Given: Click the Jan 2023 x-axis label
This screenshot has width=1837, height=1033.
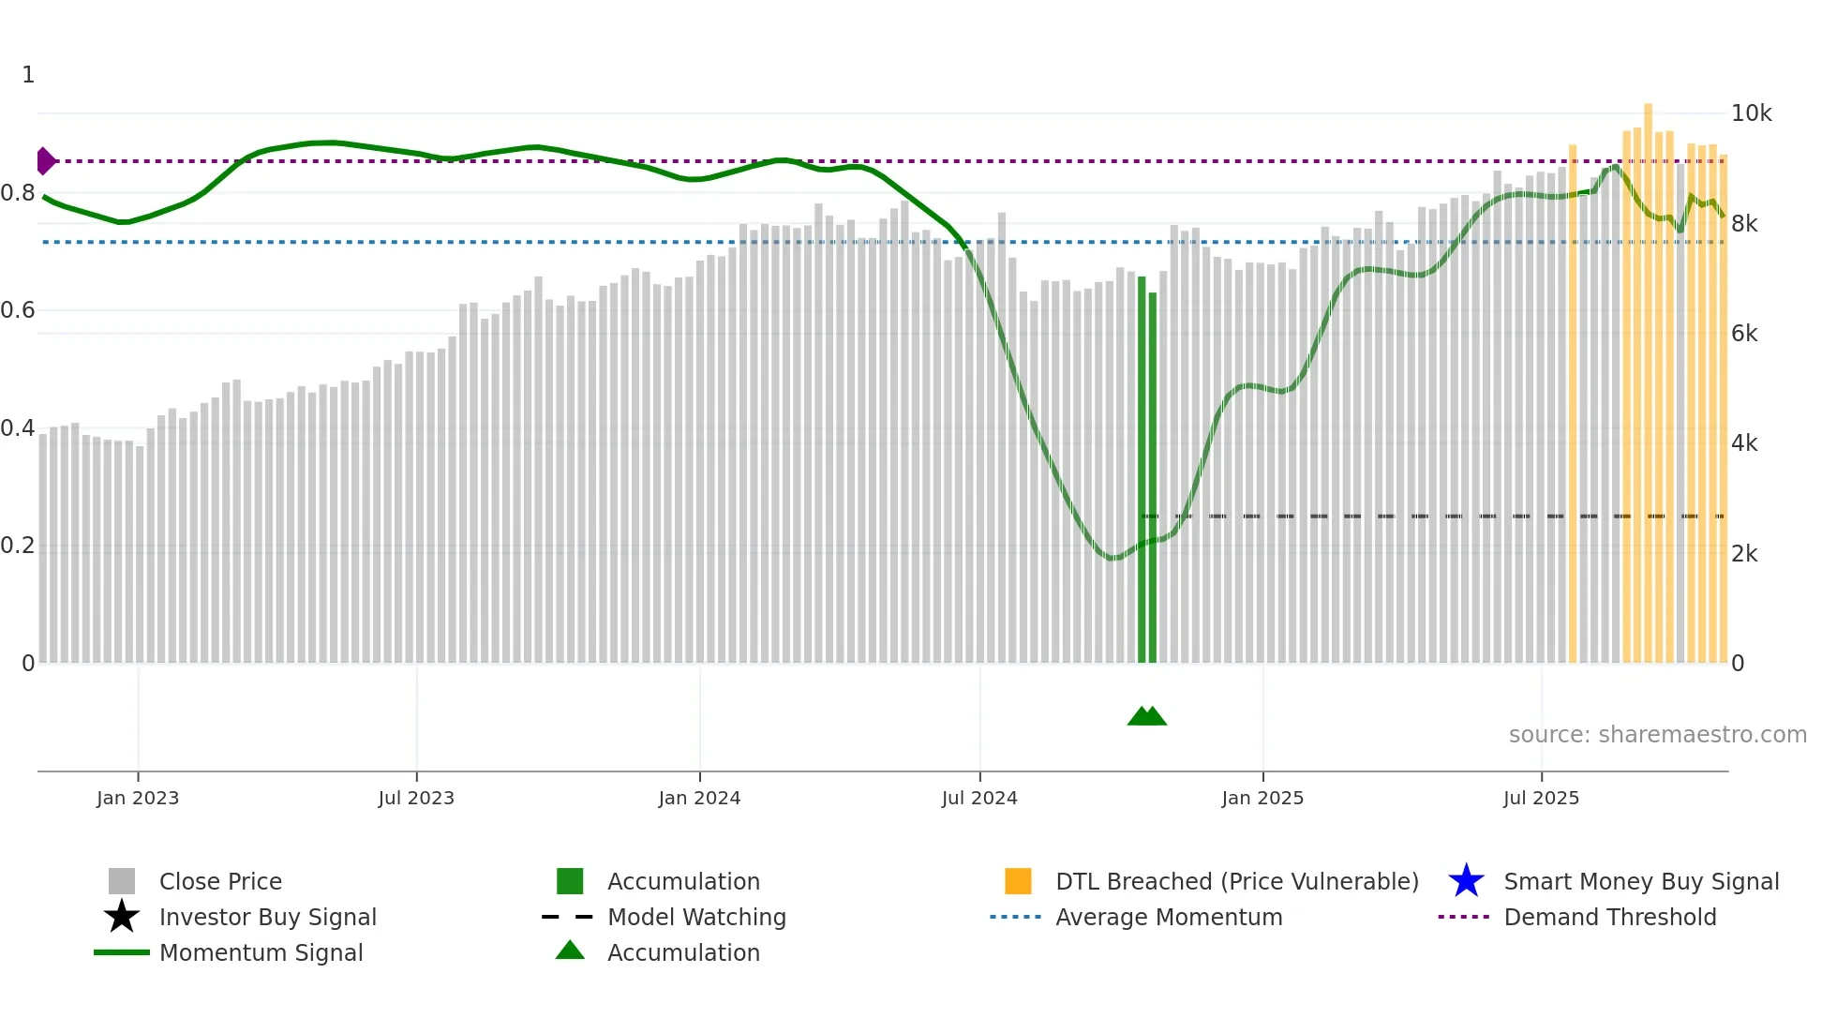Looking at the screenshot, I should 138,798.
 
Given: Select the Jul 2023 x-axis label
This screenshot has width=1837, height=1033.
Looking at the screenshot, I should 416,798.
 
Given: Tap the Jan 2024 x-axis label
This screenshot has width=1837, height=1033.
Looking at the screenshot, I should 699,798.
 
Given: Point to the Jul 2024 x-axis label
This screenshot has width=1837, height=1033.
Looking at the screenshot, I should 979,798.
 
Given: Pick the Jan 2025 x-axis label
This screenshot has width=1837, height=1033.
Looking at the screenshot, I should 1262,798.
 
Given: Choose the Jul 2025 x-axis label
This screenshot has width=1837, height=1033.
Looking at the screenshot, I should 1541,798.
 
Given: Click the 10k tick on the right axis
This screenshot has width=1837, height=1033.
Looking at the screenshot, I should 1751,113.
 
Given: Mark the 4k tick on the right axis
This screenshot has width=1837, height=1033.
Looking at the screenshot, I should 1744,443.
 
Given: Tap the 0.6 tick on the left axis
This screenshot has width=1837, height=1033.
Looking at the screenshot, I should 18,310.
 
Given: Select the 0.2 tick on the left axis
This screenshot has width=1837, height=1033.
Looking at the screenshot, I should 18,546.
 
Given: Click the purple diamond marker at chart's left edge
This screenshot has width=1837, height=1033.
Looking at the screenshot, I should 45,161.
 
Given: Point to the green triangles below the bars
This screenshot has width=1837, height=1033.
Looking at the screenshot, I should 1146,716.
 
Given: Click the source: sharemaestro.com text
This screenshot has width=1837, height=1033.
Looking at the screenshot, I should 1657,735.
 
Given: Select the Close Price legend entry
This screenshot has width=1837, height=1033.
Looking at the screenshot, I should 220,881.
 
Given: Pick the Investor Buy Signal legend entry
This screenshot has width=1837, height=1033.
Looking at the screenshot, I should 267,917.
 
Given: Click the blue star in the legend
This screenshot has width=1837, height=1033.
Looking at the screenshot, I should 1466,881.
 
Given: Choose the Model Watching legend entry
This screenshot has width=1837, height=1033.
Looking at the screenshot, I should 696,917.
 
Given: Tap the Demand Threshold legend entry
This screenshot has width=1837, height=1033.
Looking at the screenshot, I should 1609,917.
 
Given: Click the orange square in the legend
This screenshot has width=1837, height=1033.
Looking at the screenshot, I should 1018,881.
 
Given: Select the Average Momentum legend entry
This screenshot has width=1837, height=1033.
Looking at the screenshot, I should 1169,917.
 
